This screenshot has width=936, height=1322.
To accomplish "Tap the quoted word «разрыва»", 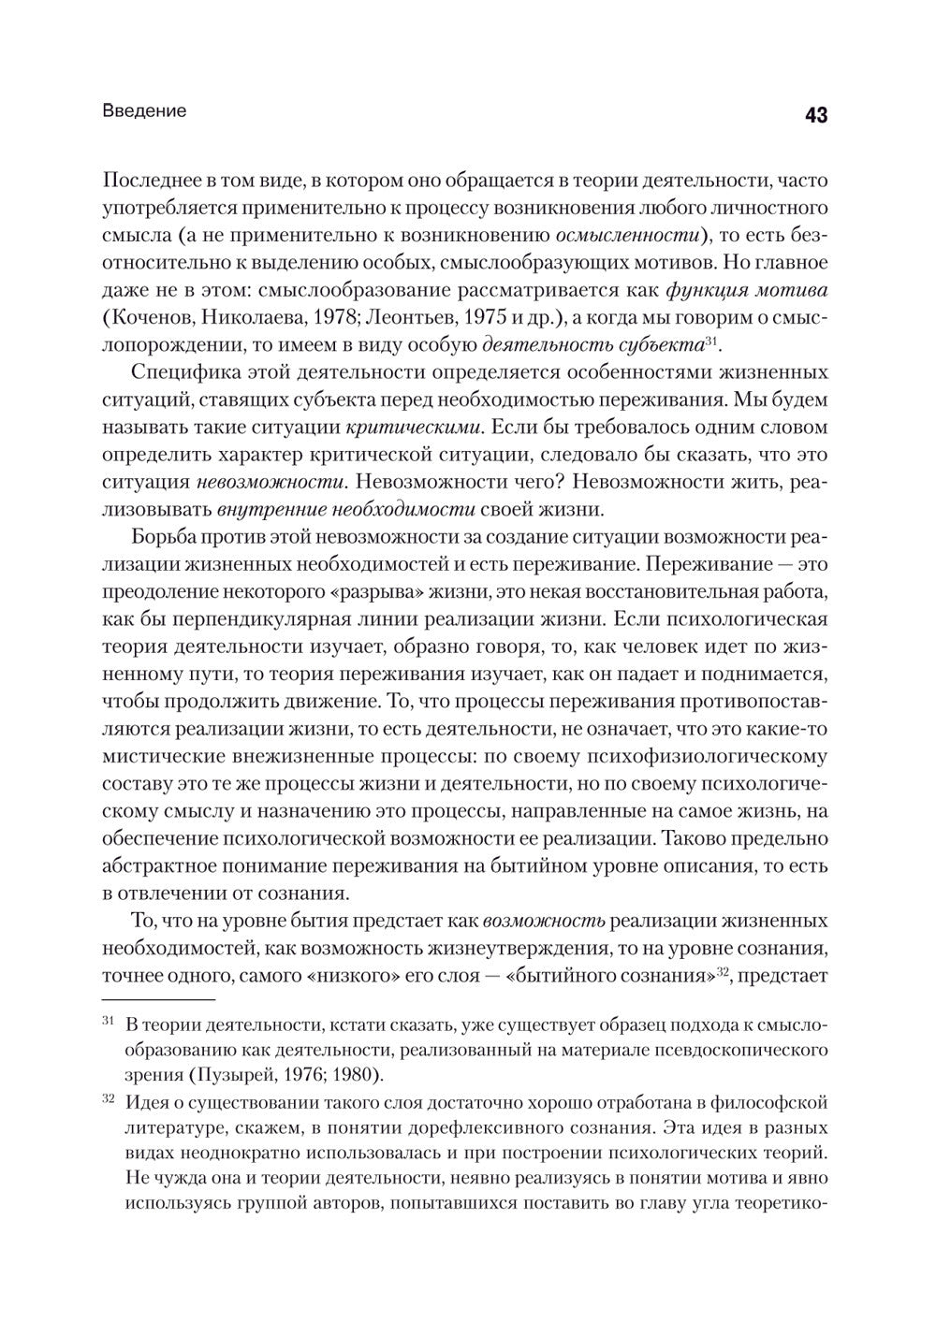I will [405, 592].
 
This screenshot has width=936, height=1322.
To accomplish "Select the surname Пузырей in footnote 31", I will [227, 1073].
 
